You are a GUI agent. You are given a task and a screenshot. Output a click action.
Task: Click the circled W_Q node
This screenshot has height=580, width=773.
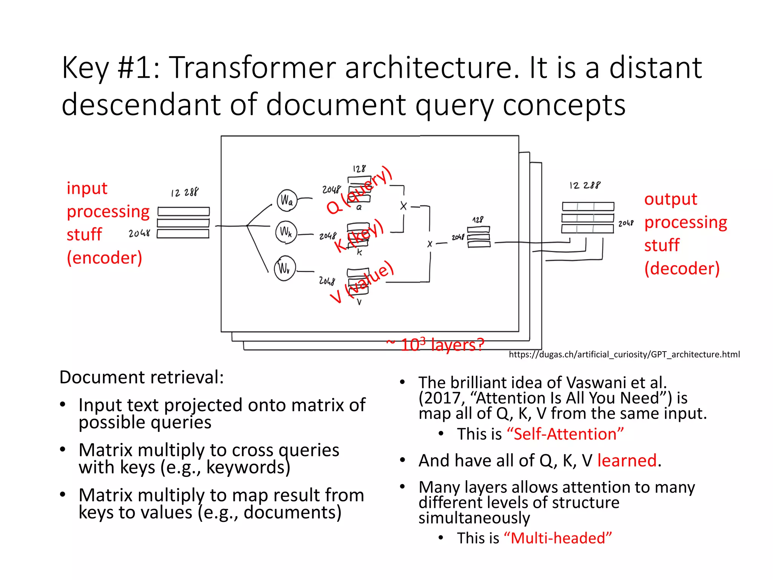[287, 200]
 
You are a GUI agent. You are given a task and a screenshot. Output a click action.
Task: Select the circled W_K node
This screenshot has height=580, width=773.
[286, 232]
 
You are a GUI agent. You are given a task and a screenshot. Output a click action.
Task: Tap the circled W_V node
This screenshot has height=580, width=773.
[285, 268]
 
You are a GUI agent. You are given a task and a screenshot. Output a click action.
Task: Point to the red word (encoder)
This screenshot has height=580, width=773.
[105, 258]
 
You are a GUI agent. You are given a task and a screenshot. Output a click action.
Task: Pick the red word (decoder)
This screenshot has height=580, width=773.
[682, 268]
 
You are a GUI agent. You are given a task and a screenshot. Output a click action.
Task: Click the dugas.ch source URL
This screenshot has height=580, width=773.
[624, 354]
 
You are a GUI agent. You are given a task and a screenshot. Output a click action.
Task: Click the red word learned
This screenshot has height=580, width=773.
[627, 460]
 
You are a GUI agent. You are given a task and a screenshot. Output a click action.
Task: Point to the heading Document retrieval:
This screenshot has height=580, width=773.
[142, 377]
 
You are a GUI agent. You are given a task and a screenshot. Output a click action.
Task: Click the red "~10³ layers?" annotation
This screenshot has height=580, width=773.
[435, 344]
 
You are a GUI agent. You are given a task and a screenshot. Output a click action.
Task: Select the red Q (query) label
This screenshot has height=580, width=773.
[359, 190]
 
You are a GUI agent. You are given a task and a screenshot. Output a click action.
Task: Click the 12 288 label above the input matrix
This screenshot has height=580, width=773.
[185, 193]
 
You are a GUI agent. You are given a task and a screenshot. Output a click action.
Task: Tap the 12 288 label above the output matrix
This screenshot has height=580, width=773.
[585, 185]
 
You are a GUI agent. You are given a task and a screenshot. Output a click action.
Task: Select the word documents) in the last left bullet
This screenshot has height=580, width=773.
[292, 512]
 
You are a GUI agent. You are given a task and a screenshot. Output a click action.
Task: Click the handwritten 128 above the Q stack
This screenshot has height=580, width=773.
[359, 168]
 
